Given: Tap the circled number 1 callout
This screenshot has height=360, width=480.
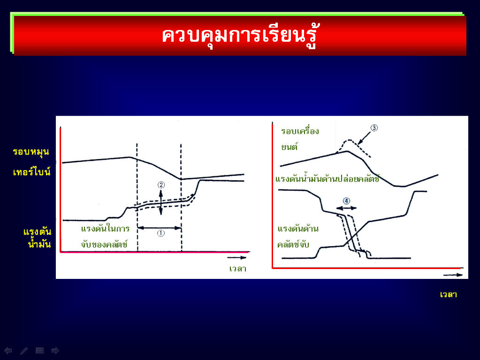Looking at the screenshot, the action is (161, 233).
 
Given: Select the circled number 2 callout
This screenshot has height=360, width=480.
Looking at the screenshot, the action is (161, 185).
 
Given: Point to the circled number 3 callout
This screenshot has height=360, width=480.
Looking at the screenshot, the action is (374, 128).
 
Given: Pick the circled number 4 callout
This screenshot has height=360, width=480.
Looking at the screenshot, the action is (346, 201).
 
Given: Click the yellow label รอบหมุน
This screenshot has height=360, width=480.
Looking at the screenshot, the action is (31, 152).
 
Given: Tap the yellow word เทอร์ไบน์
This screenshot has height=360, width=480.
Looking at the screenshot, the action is (31, 171).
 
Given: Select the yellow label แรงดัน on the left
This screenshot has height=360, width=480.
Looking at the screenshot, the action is (38, 232).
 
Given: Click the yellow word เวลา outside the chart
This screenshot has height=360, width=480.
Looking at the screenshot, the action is (449, 294).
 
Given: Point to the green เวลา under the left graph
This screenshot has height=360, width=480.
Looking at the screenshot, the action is (238, 269).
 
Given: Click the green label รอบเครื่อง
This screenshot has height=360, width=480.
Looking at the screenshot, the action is (300, 131).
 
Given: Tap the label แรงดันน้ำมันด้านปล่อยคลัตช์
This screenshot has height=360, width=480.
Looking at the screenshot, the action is (327, 179).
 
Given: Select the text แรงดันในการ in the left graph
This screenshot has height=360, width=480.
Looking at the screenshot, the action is (105, 228).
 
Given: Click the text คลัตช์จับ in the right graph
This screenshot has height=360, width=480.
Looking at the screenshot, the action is (293, 244).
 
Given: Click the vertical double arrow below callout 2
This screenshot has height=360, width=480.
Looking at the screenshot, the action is (161, 202).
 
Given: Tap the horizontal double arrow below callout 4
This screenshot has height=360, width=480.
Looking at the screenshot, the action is (346, 208).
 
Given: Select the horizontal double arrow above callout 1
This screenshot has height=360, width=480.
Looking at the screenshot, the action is (159, 227).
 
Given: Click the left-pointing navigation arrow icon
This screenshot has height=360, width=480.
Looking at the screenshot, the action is (8, 351).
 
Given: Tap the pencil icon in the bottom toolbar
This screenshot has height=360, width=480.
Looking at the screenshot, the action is (24, 351).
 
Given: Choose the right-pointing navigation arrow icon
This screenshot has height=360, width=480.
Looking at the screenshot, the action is (55, 351).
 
